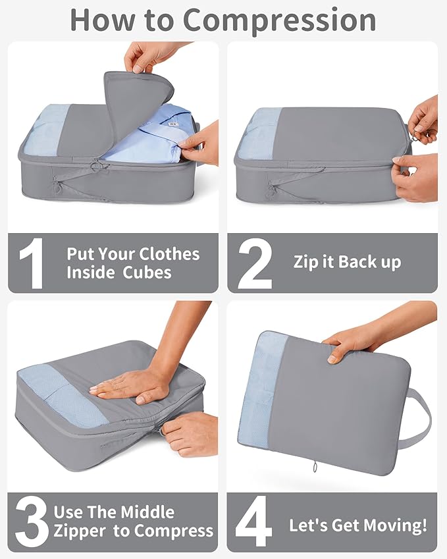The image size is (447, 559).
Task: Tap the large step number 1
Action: (31, 263)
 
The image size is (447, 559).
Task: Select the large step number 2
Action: (255, 263)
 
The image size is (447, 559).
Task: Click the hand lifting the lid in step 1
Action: (151, 56)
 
